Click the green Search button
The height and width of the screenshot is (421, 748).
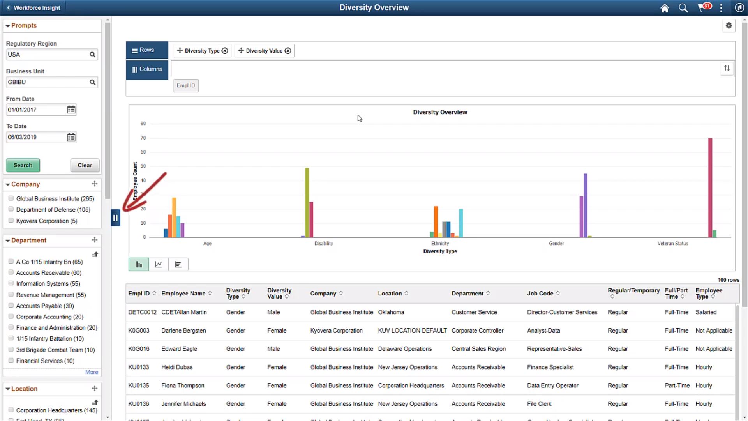click(x=23, y=165)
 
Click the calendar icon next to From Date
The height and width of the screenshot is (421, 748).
click(x=71, y=110)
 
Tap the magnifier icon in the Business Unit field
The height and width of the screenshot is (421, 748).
click(x=92, y=82)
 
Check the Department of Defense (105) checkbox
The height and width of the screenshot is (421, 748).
click(x=11, y=209)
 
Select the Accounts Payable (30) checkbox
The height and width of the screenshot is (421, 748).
click(x=11, y=306)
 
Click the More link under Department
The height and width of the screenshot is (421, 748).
click(x=92, y=372)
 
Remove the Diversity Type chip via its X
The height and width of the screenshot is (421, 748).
click(x=225, y=51)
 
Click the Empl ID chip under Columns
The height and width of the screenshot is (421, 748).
click(x=185, y=85)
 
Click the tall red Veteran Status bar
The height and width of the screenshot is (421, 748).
click(x=710, y=187)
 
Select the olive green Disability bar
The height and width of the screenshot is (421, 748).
click(x=307, y=203)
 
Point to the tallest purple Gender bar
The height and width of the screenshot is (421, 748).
click(x=585, y=205)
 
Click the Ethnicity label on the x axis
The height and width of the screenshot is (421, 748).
click(x=440, y=243)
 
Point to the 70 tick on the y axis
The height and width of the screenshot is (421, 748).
click(x=143, y=138)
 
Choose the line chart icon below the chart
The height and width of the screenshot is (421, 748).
click(x=158, y=264)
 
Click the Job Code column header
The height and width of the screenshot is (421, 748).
click(x=540, y=293)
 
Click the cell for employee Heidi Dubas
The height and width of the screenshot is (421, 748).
click(x=177, y=367)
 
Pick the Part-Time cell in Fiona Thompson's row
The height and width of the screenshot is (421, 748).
click(x=677, y=386)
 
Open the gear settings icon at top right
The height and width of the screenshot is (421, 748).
click(x=729, y=26)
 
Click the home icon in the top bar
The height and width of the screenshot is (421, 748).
click(x=664, y=8)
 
